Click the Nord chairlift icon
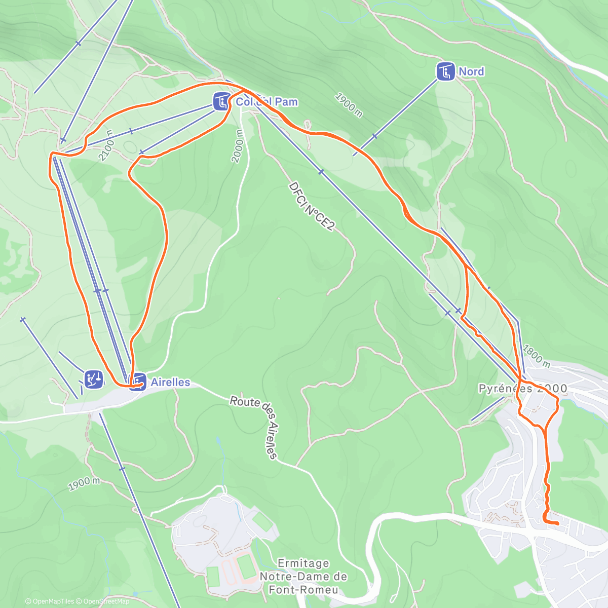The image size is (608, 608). [446, 71]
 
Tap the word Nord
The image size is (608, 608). [471, 71]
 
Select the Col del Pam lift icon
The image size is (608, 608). [221, 101]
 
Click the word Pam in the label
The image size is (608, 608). [286, 102]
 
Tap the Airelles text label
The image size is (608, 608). [170, 382]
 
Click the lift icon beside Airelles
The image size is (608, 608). [138, 382]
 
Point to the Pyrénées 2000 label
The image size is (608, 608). [522, 389]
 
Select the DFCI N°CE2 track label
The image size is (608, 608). [311, 207]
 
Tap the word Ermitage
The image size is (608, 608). [303, 563]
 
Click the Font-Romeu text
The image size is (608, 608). [303, 589]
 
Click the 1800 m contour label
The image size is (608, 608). [536, 356]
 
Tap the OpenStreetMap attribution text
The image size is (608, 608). [104, 601]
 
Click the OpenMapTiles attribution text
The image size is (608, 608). [53, 601]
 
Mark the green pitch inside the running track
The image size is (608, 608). [247, 566]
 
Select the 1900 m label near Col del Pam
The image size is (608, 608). [349, 105]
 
